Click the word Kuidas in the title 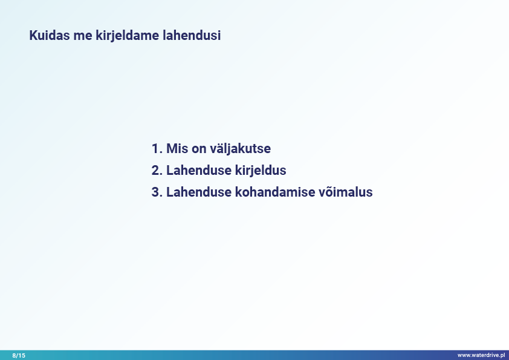(50, 36)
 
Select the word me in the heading (83, 36)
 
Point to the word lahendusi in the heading (192, 36)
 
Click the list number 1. (157, 148)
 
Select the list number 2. (157, 170)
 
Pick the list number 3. (157, 192)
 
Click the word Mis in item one (177, 148)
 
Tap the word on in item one (199, 150)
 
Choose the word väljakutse (240, 148)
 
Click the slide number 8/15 (19, 355)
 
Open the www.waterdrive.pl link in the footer (481, 355)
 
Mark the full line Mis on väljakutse (211, 148)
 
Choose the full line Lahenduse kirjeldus (219, 171)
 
